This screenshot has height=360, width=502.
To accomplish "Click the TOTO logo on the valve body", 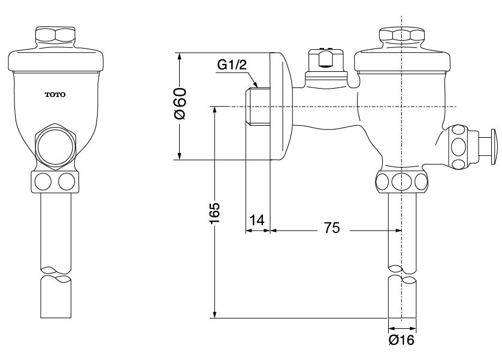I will pos(56,95).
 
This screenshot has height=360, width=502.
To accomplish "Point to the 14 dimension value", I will pos(256,220).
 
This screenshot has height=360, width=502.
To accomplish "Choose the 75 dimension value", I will pos(332,228).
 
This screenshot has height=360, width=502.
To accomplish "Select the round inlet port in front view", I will pos(56,147).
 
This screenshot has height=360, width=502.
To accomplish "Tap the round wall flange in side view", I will pos(280,106).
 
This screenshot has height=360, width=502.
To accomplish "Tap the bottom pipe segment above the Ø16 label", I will pos(402,300).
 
